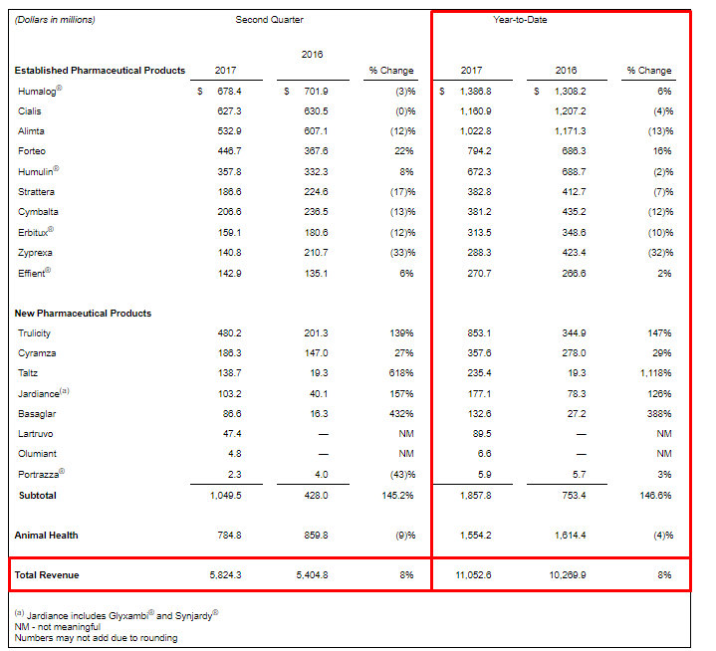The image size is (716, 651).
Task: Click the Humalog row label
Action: (38, 91)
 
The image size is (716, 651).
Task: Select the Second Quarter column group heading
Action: (269, 20)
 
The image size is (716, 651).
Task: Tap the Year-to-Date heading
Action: (520, 20)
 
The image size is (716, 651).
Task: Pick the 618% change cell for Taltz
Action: (402, 373)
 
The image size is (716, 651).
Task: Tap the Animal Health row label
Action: (46, 536)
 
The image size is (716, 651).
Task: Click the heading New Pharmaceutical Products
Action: (83, 314)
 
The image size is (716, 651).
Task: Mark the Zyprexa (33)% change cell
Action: (401, 253)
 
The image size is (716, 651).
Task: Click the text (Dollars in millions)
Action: (56, 20)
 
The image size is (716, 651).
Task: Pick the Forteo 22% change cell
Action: (404, 151)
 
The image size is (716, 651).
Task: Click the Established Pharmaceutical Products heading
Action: (100, 71)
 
